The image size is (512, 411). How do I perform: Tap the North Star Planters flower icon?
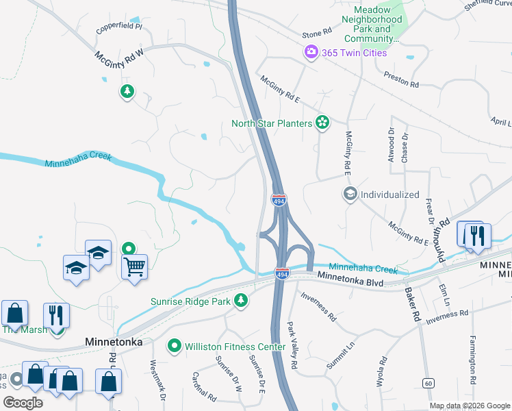(322, 123)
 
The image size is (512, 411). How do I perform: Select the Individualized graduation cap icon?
(349, 194)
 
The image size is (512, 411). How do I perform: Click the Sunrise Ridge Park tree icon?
(240, 299)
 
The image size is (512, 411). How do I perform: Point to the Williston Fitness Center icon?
(175, 347)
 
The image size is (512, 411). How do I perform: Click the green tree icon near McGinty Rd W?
(127, 91)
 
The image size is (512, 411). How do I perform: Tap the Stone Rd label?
(317, 32)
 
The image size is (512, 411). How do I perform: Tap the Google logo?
(23, 403)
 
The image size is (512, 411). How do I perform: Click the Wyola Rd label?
(381, 372)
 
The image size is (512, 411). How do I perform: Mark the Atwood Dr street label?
(392, 142)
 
